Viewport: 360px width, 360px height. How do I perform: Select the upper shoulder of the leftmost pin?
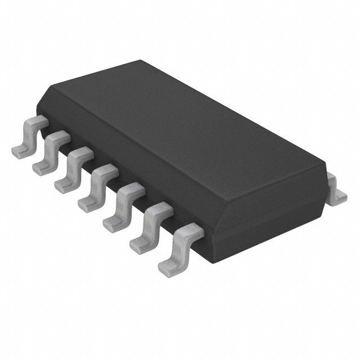(x=37, y=121)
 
